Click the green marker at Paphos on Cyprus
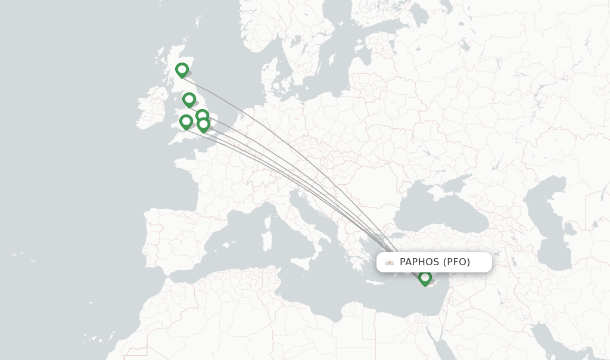coord(425,278)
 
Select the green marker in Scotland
coord(182,70)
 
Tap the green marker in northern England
coord(189,100)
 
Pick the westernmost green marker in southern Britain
coord(186,122)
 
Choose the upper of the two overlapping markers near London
coord(202,116)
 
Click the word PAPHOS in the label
coord(420,262)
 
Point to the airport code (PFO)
coord(457,262)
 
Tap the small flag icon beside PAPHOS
coord(390,262)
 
